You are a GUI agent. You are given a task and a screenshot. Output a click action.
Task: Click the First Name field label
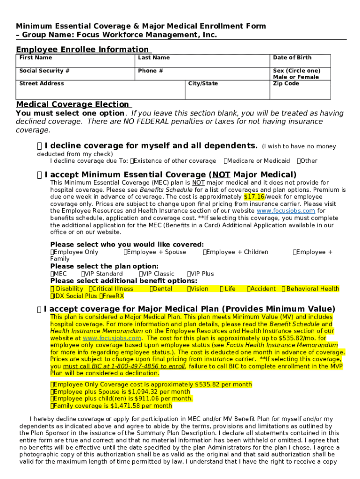click(36, 58)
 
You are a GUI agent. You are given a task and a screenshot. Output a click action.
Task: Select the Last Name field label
click(154, 58)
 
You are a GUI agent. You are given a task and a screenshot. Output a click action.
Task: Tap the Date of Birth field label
click(292, 58)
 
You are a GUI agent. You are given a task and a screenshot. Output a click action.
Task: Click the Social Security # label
click(44, 71)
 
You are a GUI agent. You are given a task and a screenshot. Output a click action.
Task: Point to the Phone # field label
click(151, 71)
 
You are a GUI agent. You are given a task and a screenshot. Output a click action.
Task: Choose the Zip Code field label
click(286, 84)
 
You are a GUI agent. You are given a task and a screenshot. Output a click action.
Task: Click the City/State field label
click(203, 84)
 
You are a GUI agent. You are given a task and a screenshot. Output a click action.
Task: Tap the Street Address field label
click(42, 84)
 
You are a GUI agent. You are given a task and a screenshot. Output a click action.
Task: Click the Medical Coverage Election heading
click(72, 104)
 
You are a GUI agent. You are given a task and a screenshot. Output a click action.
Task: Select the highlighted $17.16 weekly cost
click(254, 197)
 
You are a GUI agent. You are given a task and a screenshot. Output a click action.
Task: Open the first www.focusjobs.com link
click(286, 211)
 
